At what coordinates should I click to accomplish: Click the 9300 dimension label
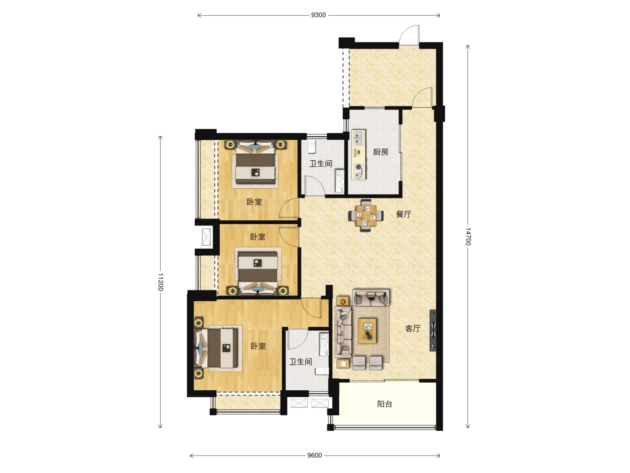tap(318, 15)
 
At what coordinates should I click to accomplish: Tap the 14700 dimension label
tap(468, 236)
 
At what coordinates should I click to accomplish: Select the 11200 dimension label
tap(160, 282)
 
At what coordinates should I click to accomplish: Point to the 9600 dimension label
tap(314, 455)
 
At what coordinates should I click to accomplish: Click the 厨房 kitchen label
tap(381, 152)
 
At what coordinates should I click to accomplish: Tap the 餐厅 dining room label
tap(403, 214)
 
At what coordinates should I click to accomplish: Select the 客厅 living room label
tap(413, 328)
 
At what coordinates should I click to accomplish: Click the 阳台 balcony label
tap(385, 404)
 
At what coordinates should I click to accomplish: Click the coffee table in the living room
tap(367, 331)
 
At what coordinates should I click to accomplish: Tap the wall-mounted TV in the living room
tap(433, 330)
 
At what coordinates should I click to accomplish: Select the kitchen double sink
tap(358, 138)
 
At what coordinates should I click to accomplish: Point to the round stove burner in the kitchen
tap(358, 166)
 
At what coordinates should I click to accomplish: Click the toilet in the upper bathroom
tap(311, 146)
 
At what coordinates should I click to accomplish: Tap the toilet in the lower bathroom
tap(322, 371)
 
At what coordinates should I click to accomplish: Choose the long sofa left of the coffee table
tap(343, 332)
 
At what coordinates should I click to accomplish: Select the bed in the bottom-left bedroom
tap(217, 348)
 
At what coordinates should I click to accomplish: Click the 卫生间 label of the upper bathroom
tap(321, 164)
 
